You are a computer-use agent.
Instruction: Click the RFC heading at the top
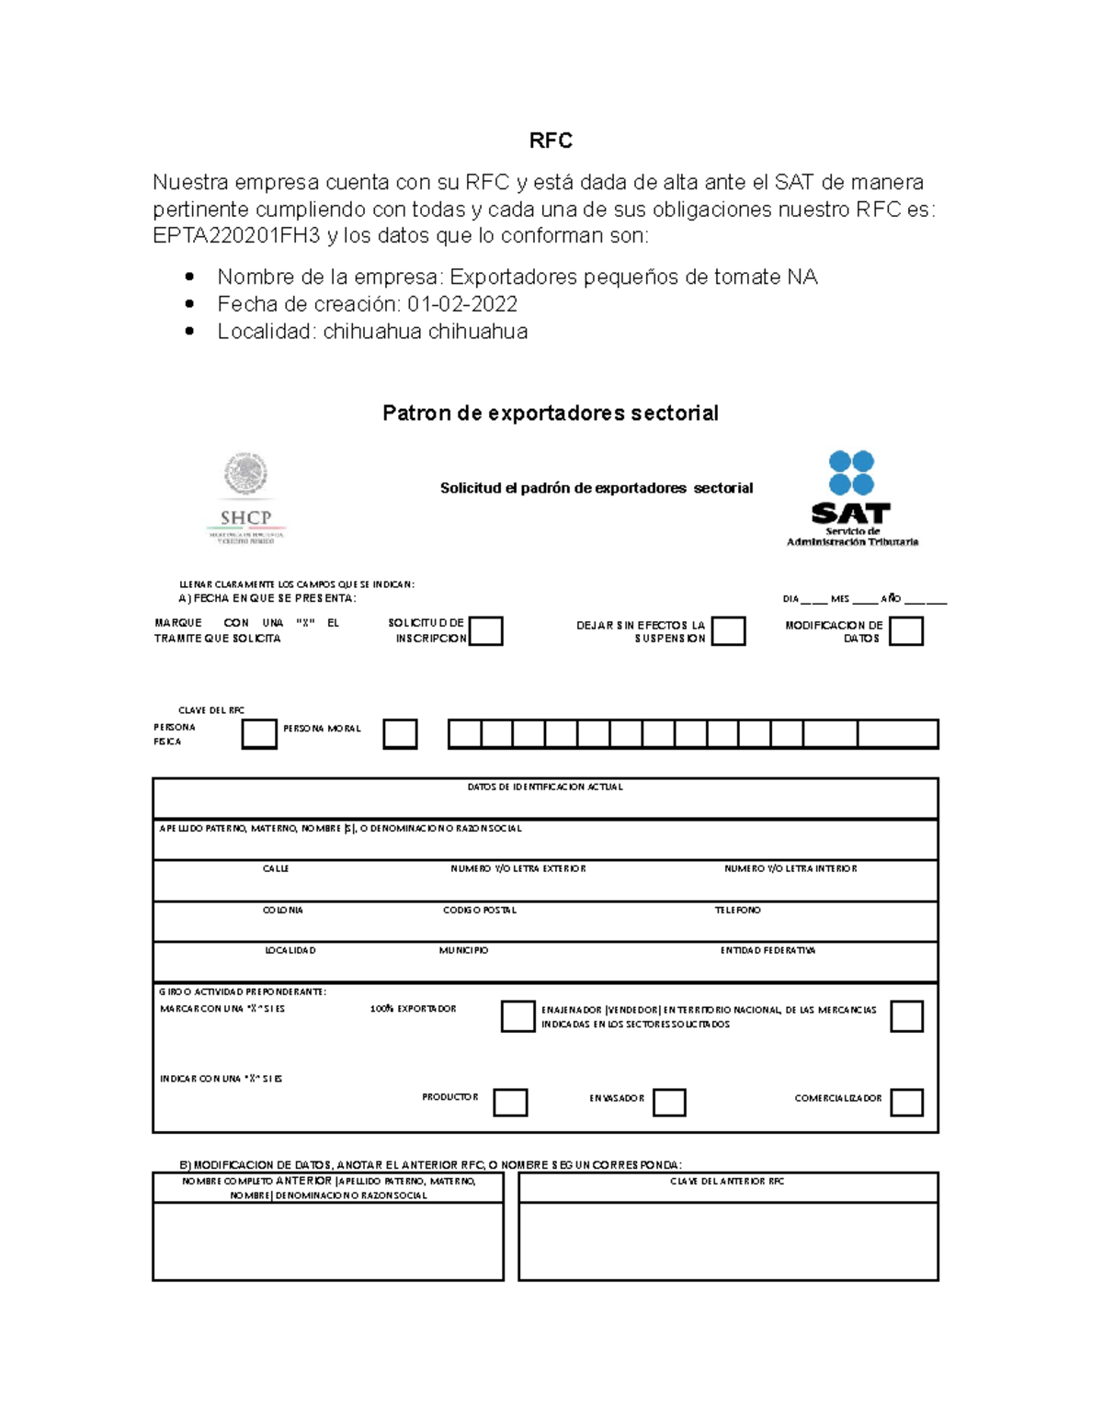pyautogui.click(x=551, y=141)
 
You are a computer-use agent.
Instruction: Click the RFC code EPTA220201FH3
pyautogui.click(x=236, y=236)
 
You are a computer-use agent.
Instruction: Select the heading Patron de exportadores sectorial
pyautogui.click(x=551, y=413)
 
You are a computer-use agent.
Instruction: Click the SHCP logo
pyautogui.click(x=245, y=499)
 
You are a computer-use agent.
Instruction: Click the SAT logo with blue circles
pyautogui.click(x=851, y=498)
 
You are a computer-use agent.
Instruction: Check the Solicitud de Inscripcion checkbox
pyautogui.click(x=486, y=631)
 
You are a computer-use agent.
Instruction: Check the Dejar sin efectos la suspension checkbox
pyautogui.click(x=728, y=631)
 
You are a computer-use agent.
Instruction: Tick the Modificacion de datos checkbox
pyautogui.click(x=906, y=631)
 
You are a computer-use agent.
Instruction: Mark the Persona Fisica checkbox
pyautogui.click(x=259, y=734)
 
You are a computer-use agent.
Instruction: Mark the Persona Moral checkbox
pyautogui.click(x=400, y=734)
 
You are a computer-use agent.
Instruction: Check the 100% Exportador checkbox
pyautogui.click(x=517, y=1016)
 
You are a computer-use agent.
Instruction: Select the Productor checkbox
pyautogui.click(x=510, y=1102)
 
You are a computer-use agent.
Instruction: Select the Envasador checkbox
pyautogui.click(x=669, y=1102)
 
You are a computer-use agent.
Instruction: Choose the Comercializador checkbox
pyautogui.click(x=906, y=1102)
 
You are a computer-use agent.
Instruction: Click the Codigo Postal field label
pyautogui.click(x=480, y=910)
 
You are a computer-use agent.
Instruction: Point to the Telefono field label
pyautogui.click(x=738, y=910)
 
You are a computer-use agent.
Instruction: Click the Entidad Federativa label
pyautogui.click(x=768, y=950)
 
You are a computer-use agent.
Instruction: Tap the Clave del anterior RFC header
pyautogui.click(x=727, y=1182)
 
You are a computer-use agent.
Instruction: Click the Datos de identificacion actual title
pyautogui.click(x=545, y=787)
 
